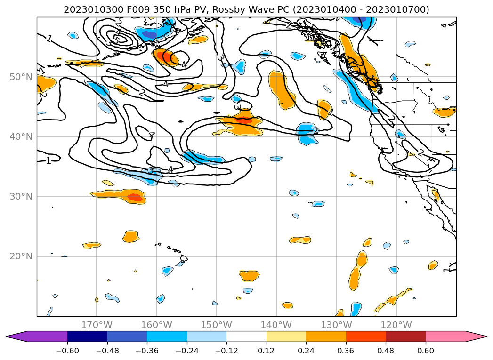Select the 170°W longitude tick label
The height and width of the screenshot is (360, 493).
tap(97, 325)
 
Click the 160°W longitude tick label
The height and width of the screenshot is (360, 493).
tap(156, 325)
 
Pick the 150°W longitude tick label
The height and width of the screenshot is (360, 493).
tap(216, 325)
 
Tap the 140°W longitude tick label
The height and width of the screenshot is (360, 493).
tap(276, 325)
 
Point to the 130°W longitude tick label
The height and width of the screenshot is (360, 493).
tap(336, 325)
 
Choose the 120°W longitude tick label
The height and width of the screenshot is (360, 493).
tap(396, 325)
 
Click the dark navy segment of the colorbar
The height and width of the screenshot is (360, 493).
tap(87, 336)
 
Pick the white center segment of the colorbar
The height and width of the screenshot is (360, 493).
tap(246, 336)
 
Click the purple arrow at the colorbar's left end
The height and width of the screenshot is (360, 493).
tap(16, 336)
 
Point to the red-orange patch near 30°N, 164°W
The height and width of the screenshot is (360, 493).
tap(135, 197)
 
